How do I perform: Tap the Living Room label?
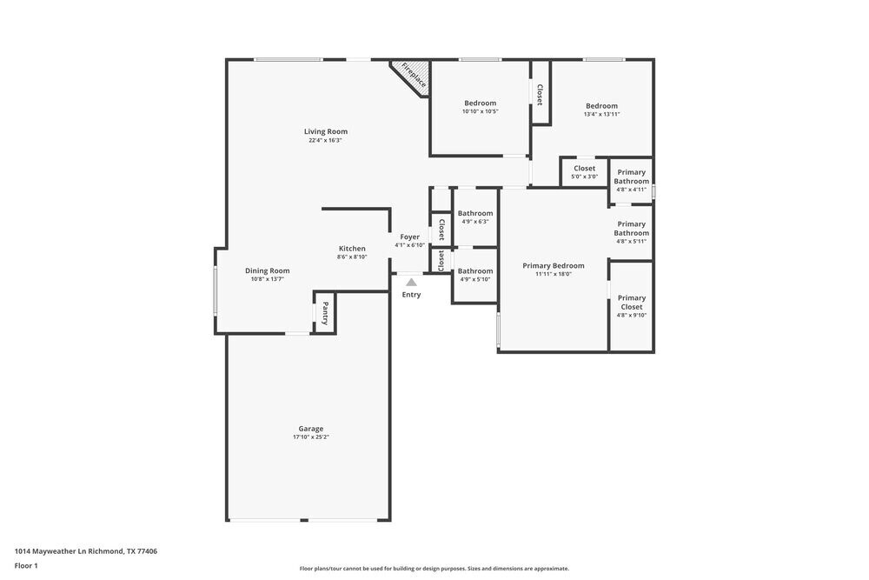point(326,132)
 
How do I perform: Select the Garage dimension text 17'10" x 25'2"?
point(310,437)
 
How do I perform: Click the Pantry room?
point(325,311)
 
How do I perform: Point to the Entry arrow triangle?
point(411,282)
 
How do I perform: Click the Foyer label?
point(409,237)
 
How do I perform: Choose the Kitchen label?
point(352,249)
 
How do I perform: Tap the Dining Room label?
point(267,270)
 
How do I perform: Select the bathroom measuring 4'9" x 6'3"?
point(475,217)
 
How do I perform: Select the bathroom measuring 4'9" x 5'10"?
point(475,275)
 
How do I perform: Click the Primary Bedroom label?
point(553,266)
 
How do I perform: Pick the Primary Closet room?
point(632,305)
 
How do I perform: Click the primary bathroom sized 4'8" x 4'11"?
point(632,180)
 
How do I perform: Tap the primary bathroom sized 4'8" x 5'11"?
point(632,231)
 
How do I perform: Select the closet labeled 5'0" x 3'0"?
point(584,171)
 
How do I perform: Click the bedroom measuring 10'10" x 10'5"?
point(480,106)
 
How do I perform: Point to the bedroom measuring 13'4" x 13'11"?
point(601,109)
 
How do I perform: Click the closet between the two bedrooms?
point(540,94)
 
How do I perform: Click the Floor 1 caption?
point(26,566)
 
